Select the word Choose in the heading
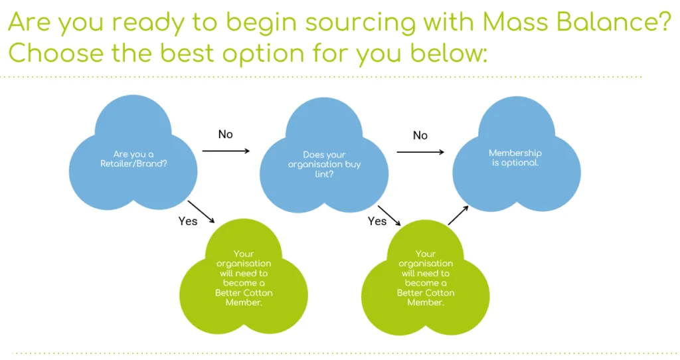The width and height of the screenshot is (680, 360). pos(56,53)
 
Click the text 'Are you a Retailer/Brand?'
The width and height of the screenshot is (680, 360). pos(133,159)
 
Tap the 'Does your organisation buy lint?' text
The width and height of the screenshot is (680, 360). pos(324,164)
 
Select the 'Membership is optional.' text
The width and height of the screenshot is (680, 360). pos(515,157)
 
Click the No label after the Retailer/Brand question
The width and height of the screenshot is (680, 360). pos(226,134)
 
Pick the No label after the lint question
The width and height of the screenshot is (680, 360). pos(420,135)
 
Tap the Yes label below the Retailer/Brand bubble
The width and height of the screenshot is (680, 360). pos(188,221)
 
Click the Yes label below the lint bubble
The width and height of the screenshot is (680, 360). pos(377,221)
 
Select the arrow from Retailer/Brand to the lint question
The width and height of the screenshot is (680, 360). pos(226,151)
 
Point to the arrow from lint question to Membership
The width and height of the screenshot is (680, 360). pos(420,152)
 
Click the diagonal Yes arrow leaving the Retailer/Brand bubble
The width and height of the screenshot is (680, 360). pos(201,212)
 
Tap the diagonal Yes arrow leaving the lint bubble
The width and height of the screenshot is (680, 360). pos(389,216)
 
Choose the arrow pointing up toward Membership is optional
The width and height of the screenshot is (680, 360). pos(458,215)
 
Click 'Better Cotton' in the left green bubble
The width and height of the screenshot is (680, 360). pos(244,293)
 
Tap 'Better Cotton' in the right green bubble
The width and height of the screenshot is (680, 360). pos(426,293)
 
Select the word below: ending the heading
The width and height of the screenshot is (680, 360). pos(449,53)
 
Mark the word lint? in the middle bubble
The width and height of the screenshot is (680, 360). pos(324,174)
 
